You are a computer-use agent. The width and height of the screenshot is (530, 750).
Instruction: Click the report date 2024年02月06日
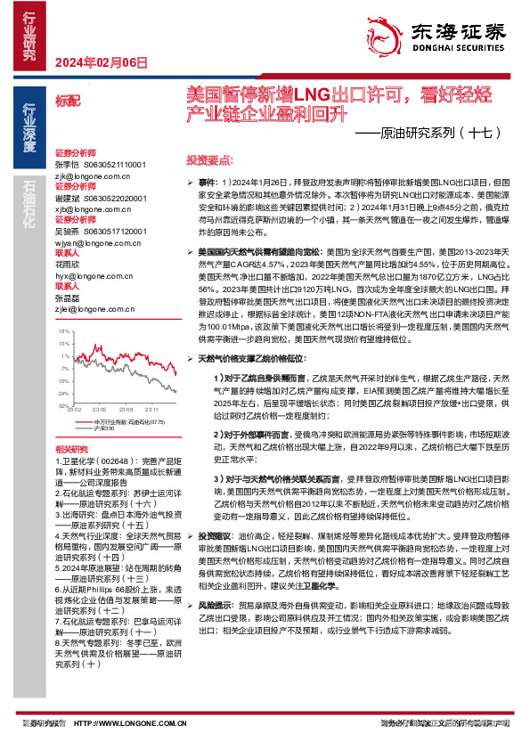point(100,61)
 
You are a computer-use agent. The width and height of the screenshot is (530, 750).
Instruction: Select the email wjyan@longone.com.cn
point(92,241)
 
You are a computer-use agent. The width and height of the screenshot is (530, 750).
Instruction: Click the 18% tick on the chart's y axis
point(63,330)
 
